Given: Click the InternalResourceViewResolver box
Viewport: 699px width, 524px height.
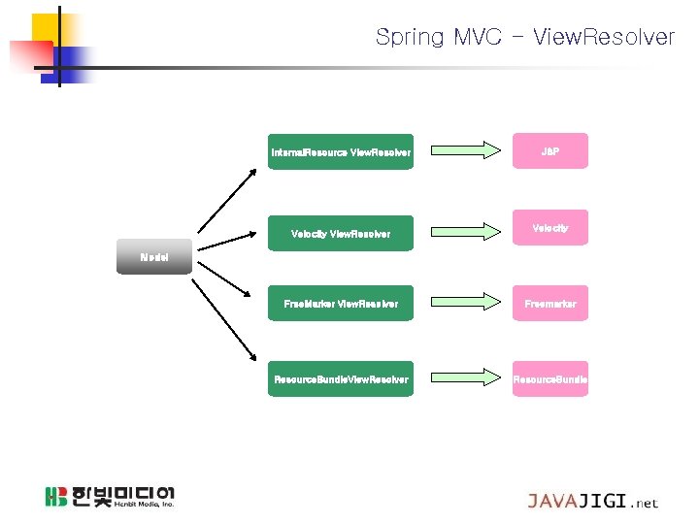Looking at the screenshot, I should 341,152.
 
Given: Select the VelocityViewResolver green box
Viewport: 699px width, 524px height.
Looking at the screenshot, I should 341,233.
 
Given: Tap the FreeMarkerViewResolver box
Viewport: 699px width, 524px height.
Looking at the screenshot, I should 341,304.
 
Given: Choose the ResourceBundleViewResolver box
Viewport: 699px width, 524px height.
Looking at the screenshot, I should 341,378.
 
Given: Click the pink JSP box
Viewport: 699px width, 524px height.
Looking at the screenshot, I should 550,152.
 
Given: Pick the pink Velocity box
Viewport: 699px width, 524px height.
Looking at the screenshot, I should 550,228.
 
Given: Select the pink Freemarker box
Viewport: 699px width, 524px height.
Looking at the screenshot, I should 550,304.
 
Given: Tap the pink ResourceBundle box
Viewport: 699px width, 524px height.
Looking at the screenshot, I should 550,378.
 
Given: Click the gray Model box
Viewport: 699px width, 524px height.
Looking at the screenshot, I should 154,257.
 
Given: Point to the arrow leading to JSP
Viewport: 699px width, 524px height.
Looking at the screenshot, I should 462,150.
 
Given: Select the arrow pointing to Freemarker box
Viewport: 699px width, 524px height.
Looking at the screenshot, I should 462,304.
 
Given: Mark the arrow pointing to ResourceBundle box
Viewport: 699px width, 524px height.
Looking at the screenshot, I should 462,378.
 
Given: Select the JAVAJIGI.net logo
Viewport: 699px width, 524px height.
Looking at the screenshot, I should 592,501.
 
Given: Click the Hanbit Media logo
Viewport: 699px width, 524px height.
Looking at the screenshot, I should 109,496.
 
